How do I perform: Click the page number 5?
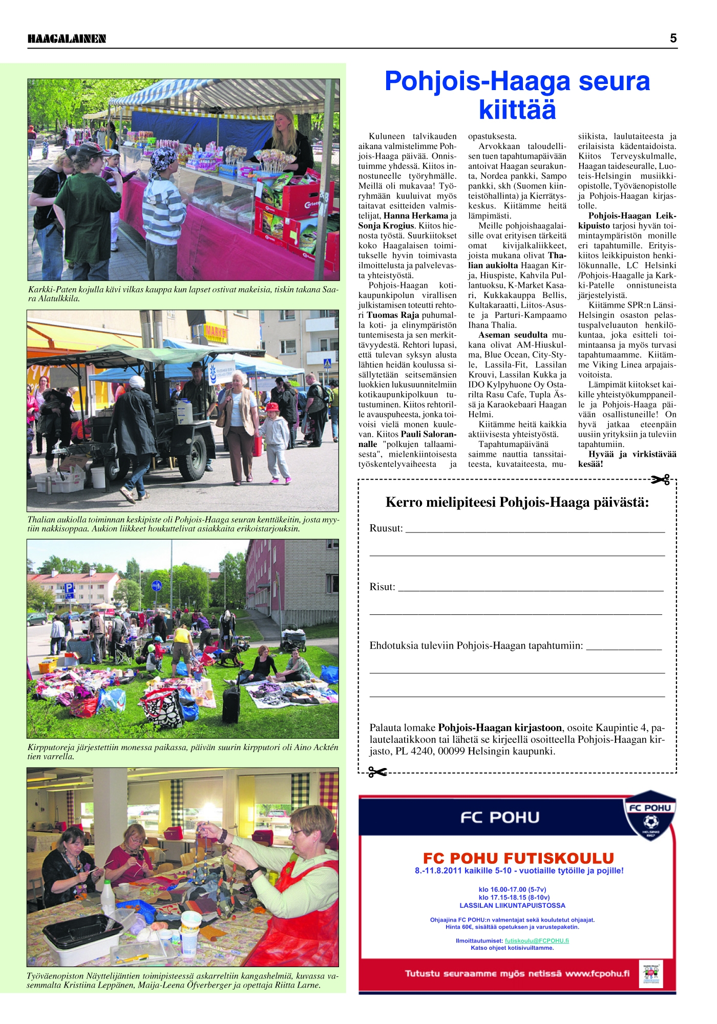click(x=673, y=38)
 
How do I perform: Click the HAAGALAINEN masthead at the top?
click(x=67, y=39)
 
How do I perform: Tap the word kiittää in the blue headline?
click(x=517, y=110)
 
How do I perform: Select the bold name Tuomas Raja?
click(x=393, y=315)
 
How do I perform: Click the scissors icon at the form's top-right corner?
click(x=661, y=480)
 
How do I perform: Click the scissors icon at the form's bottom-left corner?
click(x=377, y=772)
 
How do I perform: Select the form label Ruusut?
click(x=386, y=528)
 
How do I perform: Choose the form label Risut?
click(x=382, y=587)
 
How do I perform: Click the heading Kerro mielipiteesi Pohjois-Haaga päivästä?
click(x=517, y=502)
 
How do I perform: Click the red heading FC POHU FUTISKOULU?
click(x=518, y=858)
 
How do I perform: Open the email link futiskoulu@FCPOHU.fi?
click(x=537, y=941)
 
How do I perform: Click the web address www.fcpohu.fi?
click(x=597, y=973)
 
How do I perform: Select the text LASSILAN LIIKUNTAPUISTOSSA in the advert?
click(x=512, y=905)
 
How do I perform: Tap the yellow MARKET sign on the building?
click(x=216, y=332)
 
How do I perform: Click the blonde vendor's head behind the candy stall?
click(x=285, y=120)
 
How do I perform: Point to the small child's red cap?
click(x=272, y=407)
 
